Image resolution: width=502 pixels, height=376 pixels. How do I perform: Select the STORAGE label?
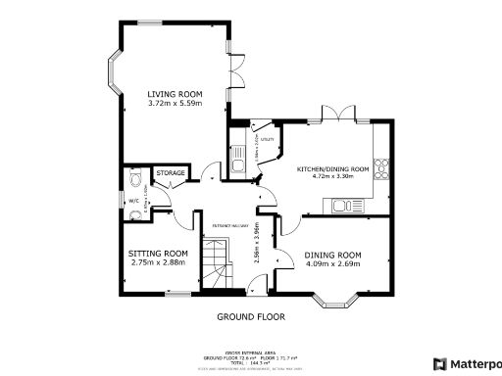(x=171, y=173)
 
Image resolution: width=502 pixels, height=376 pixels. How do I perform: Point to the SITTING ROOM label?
(x=158, y=253)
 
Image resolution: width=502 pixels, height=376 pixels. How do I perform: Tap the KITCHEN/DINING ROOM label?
(x=332, y=169)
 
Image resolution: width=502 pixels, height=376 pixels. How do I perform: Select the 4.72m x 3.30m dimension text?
(x=332, y=178)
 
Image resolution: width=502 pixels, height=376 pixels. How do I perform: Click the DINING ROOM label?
(x=332, y=255)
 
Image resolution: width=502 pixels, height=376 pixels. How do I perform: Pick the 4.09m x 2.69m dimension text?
(x=332, y=263)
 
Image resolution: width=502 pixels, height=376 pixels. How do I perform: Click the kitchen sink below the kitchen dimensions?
(x=344, y=205)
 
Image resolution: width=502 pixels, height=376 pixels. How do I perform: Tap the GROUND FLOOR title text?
(x=250, y=317)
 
